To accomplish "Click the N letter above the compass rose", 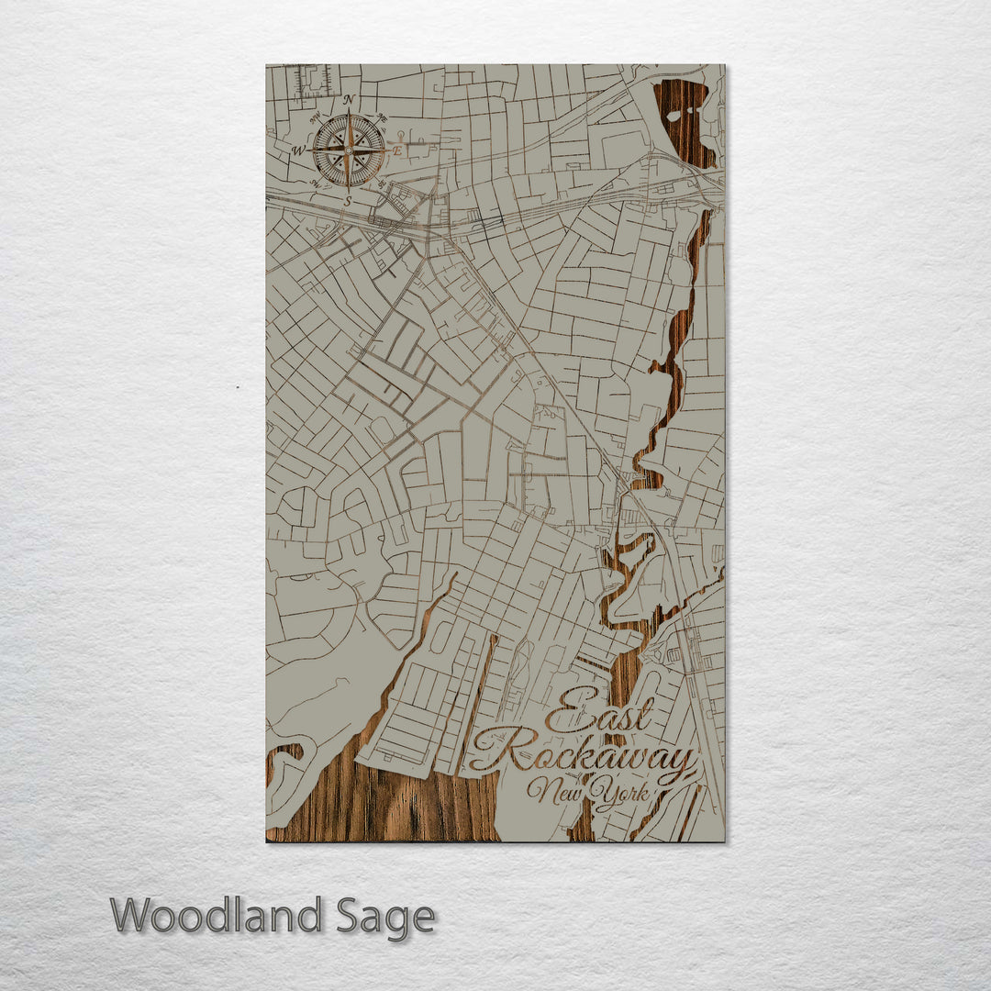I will point(348,99).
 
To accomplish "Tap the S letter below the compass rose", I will point(348,199).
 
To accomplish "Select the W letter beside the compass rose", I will point(298,150).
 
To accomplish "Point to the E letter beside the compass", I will point(398,149).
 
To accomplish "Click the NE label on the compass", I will point(382,117).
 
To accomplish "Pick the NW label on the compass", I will point(315,117).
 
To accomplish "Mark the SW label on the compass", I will point(315,183).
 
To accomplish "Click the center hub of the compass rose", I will point(349,149).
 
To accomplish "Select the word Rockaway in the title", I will point(583,755).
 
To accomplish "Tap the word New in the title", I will point(554,789).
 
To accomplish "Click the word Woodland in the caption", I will point(216,916).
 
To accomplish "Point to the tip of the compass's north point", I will point(349,111).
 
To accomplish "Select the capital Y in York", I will point(600,791).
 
